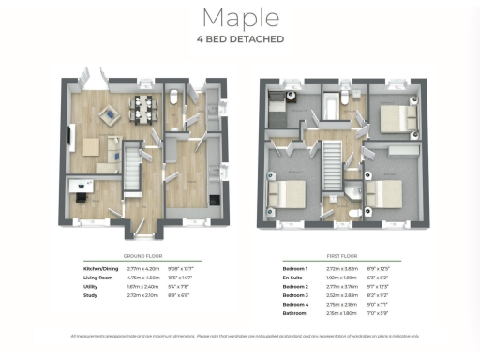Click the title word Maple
click(x=239, y=19)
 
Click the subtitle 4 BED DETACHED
click(x=239, y=41)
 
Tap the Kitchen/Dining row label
click(x=101, y=269)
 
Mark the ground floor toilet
click(x=175, y=96)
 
